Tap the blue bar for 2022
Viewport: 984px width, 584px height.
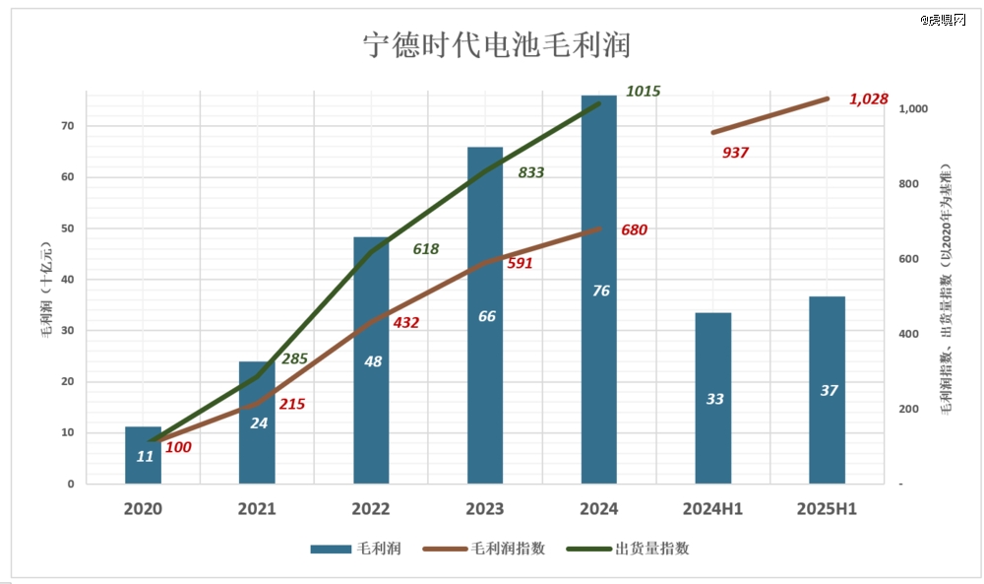(372, 394)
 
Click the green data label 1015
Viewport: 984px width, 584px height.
(643, 91)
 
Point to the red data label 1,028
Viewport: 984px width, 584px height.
(869, 98)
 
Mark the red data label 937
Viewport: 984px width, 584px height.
(735, 153)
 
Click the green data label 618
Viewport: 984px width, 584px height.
(425, 249)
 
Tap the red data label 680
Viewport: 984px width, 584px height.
(635, 229)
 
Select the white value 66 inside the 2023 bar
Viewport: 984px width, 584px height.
(486, 316)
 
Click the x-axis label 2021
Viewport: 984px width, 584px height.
(257, 509)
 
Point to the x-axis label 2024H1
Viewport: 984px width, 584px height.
(713, 509)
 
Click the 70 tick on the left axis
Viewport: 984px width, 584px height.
(67, 126)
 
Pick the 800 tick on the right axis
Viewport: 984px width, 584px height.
(911, 184)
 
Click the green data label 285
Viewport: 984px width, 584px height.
(295, 358)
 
